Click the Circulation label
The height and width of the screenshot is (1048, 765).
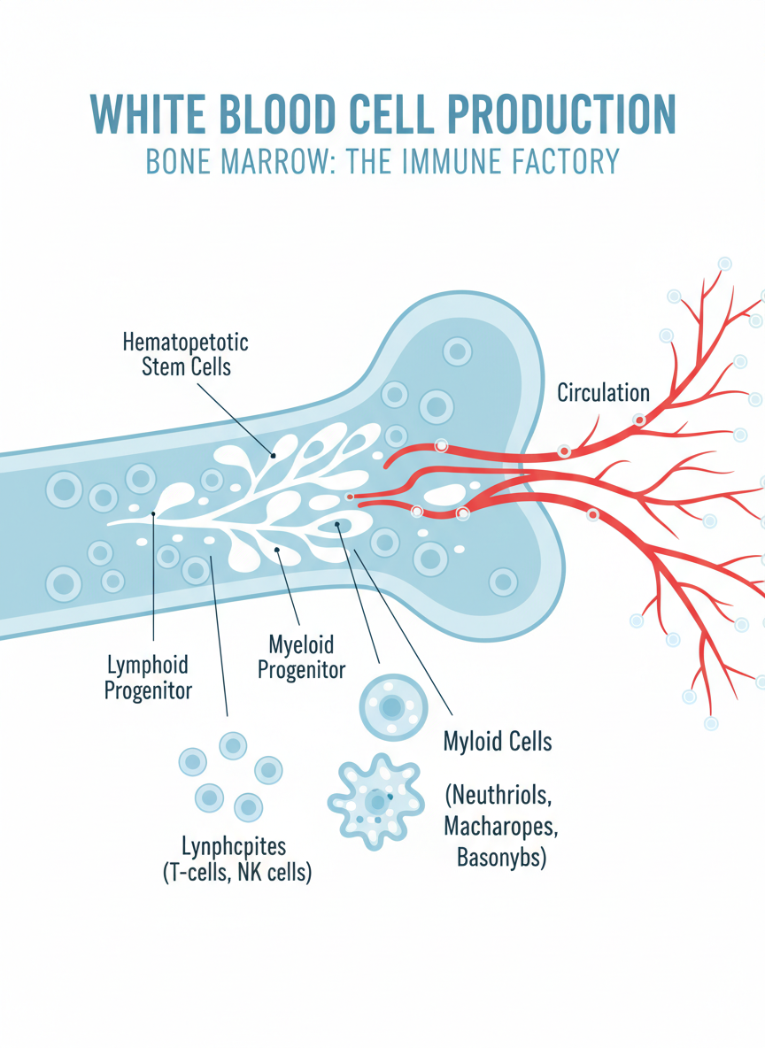point(603,393)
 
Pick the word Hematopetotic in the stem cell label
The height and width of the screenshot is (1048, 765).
point(185,343)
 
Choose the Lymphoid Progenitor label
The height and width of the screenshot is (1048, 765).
point(148,677)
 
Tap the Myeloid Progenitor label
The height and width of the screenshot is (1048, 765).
point(301,656)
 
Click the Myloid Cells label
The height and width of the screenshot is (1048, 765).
point(498,741)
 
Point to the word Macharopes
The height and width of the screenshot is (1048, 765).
point(501,827)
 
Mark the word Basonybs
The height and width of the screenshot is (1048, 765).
point(501,857)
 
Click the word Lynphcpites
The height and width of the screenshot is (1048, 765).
point(234,845)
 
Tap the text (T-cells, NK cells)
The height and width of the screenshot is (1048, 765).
point(237,874)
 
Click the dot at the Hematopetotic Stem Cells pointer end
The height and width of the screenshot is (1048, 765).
point(274,455)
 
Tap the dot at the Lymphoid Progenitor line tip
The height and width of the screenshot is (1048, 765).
point(154,513)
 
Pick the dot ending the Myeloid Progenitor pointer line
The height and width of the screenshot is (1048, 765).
point(278,549)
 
